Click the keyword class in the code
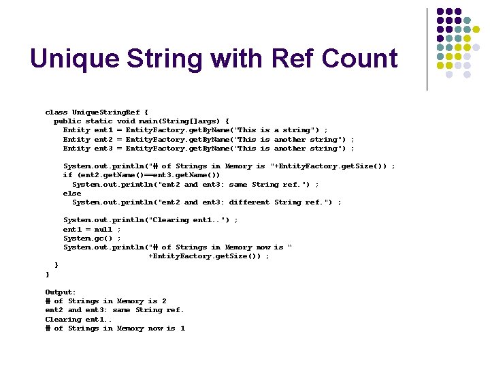pos(56,112)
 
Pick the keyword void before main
pos(127,121)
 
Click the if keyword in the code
pos(67,174)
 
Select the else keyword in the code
pos(72,193)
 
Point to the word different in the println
pos(249,202)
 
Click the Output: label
pos(61,292)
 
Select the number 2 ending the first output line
pos(164,301)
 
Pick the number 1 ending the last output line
pos(182,328)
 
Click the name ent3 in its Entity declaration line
pos(103,148)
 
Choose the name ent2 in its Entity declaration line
pos(103,139)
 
